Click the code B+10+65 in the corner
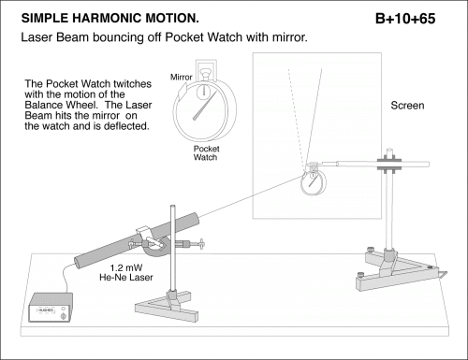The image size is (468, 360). click(x=405, y=19)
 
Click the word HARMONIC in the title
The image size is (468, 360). click(x=107, y=18)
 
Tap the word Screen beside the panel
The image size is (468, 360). click(x=407, y=106)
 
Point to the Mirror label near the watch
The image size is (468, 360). click(x=181, y=77)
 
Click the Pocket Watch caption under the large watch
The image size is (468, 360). click(x=206, y=152)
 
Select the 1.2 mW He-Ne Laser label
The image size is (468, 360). click(x=126, y=272)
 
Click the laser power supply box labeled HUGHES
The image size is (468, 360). click(x=51, y=308)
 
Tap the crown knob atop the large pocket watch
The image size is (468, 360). click(x=205, y=74)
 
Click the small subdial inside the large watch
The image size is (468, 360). click(x=204, y=92)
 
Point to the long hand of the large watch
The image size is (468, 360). click(x=204, y=106)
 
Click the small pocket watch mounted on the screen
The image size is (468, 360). click(x=313, y=181)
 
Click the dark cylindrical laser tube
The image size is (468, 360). click(x=137, y=240)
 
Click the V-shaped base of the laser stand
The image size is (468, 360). click(x=167, y=307)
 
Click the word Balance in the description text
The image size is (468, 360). click(x=42, y=105)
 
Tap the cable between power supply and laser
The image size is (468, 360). click(x=66, y=278)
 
